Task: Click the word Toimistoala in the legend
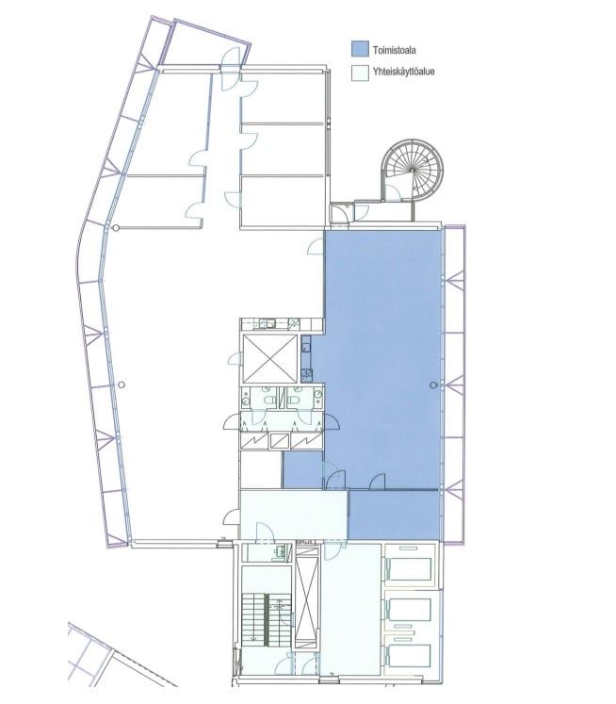click(x=394, y=50)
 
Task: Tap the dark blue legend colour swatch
click(x=360, y=49)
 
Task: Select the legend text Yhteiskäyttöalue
click(x=403, y=72)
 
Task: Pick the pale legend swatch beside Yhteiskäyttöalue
click(x=360, y=73)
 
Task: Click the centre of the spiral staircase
click(x=412, y=171)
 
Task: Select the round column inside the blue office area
click(x=433, y=385)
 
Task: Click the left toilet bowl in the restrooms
click(x=270, y=400)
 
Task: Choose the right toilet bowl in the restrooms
click(x=295, y=400)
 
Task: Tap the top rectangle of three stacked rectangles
click(x=408, y=569)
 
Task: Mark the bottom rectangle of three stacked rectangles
click(x=408, y=656)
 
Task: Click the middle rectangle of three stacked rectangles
click(x=408, y=611)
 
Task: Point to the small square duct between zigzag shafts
click(x=280, y=441)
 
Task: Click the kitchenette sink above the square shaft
click(x=269, y=323)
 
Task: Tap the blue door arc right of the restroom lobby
click(x=332, y=422)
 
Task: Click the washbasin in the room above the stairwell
click(x=280, y=550)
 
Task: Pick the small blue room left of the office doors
click(x=303, y=470)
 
